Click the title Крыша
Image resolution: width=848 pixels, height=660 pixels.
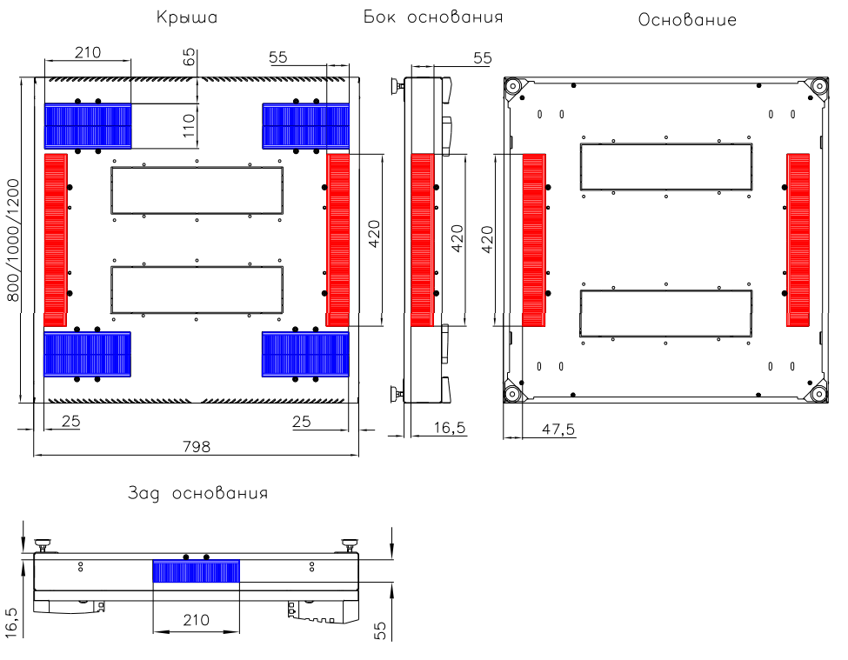point(186,17)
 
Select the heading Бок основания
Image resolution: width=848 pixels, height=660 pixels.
point(432,17)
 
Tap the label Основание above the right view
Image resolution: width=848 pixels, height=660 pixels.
point(687,19)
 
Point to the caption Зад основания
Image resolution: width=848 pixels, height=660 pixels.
point(197,493)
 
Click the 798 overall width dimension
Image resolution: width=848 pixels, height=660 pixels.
point(197,446)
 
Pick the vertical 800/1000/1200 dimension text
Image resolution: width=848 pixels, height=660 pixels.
point(12,240)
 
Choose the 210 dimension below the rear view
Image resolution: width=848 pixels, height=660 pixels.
point(196,620)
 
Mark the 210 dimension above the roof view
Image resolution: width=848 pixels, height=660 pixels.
point(87,52)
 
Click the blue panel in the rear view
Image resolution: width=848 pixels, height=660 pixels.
point(197,571)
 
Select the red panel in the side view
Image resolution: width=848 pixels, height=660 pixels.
point(422,240)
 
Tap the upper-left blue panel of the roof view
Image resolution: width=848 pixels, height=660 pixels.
point(87,125)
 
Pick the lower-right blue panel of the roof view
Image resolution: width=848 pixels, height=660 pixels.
point(305,354)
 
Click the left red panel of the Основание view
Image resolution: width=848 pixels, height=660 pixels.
point(534,240)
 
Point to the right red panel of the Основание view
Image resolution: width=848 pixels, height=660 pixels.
point(798,240)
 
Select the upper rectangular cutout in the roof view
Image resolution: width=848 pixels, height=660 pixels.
point(197,190)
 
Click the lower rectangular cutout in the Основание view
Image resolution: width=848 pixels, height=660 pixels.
point(665,313)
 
